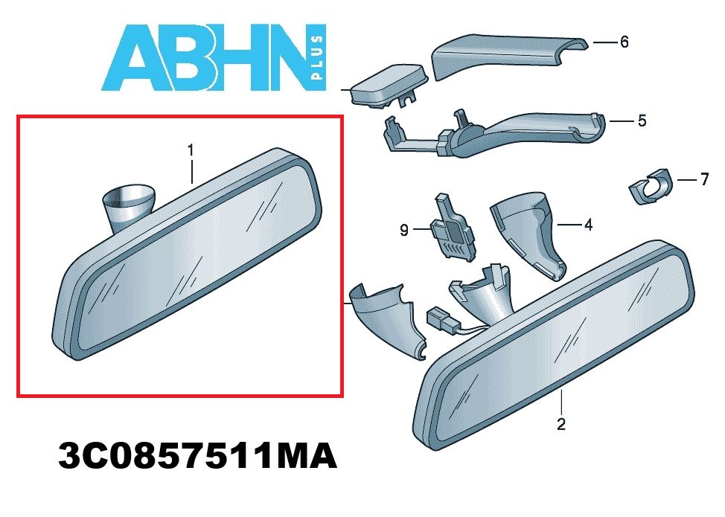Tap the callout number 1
(x=191, y=151)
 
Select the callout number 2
(x=561, y=424)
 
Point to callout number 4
(x=588, y=223)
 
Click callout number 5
(x=642, y=120)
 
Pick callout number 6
(x=624, y=42)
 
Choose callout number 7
(x=703, y=180)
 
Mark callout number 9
(x=404, y=231)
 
